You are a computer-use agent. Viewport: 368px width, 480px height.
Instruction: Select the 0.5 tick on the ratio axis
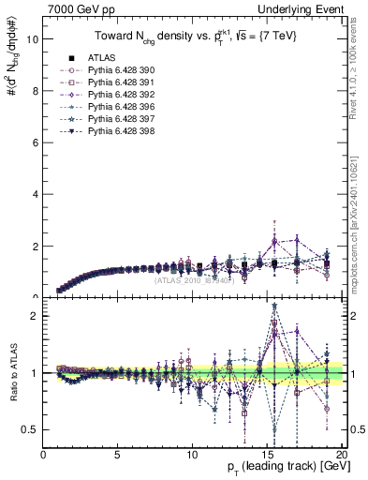[x=30, y=429]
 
